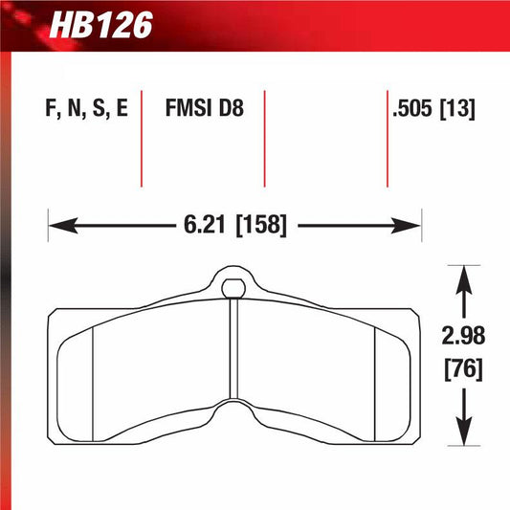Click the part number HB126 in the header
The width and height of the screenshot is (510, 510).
coord(101,25)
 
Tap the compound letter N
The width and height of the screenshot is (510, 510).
coord(73,108)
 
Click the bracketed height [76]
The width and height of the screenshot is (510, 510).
coord(464,367)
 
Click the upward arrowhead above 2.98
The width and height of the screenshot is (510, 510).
coord(464,277)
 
